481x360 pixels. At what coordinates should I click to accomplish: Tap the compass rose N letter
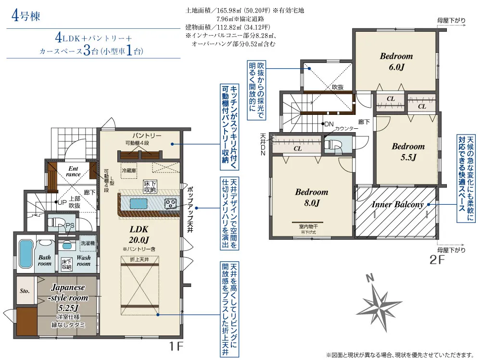tap(369, 278)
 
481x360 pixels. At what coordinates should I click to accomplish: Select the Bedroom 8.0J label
tap(312, 197)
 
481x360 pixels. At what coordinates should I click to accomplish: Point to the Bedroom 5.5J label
tap(408, 151)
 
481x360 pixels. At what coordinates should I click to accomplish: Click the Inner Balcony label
tap(397, 204)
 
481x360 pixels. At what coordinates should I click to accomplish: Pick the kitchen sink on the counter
tap(137, 203)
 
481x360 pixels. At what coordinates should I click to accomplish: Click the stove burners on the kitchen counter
tap(171, 203)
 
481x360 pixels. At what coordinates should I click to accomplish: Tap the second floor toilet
tap(332, 144)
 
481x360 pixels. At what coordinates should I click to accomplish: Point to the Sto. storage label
tap(25, 291)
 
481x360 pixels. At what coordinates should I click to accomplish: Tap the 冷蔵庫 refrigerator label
tap(128, 170)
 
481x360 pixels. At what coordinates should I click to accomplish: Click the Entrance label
tap(73, 171)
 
